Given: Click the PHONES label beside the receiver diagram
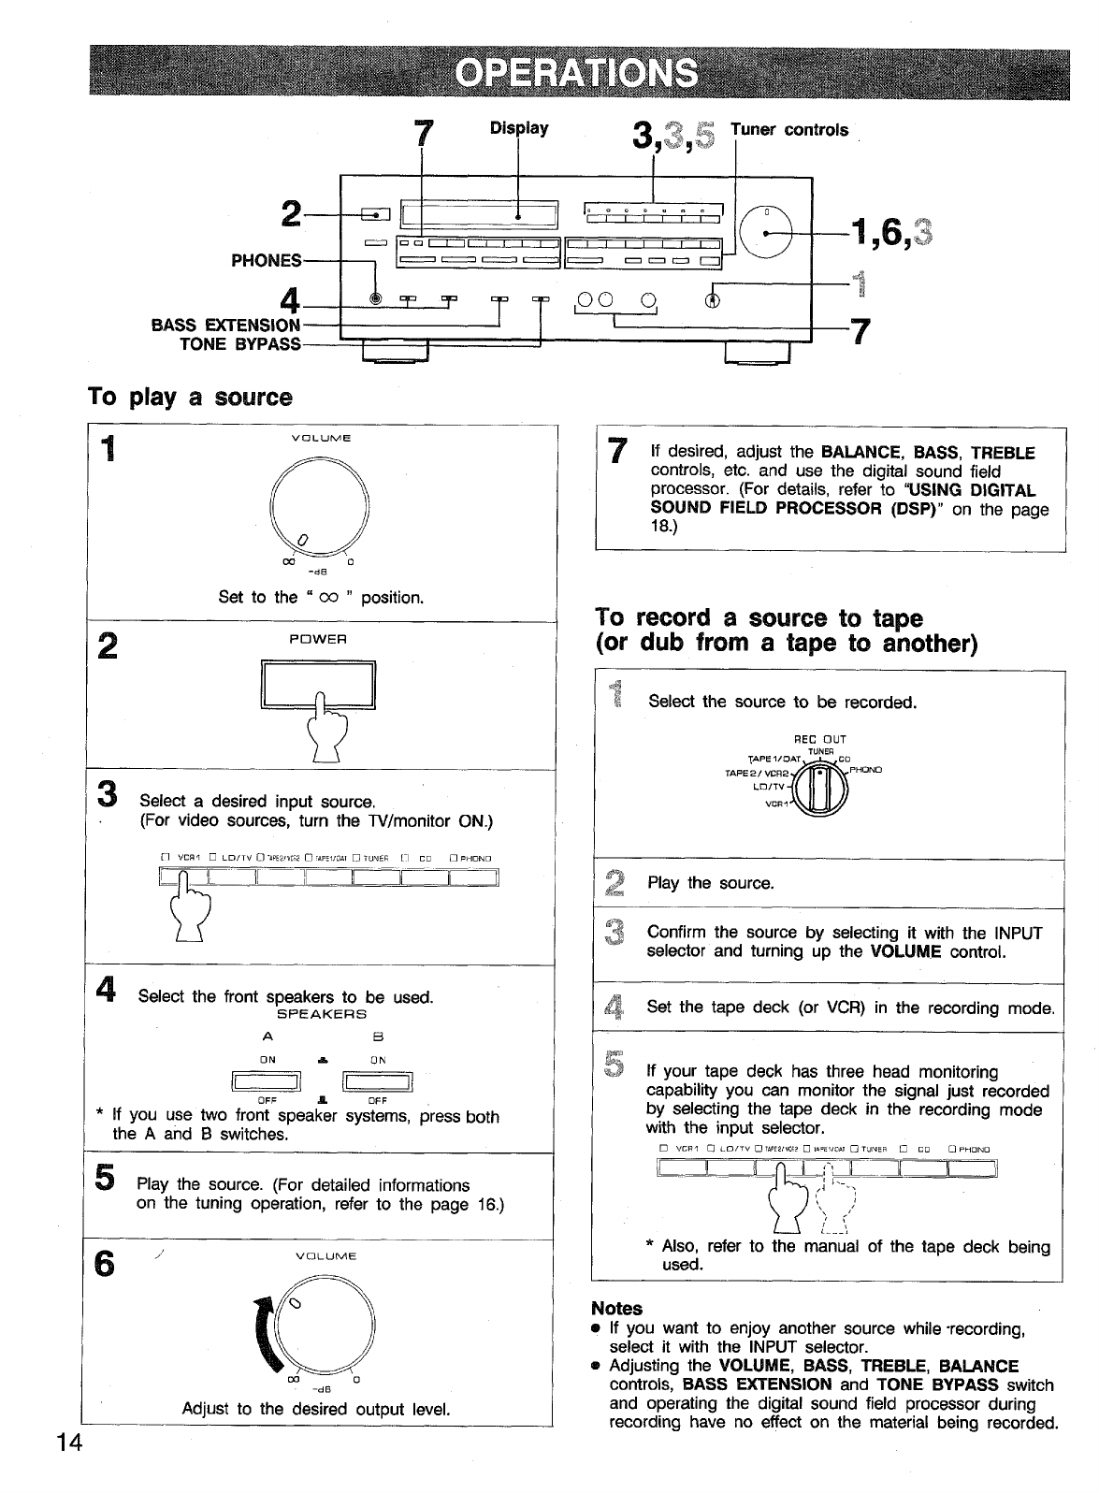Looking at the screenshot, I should (267, 261).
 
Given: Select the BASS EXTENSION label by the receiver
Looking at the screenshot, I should (225, 325).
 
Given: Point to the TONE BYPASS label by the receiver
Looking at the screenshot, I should (240, 343).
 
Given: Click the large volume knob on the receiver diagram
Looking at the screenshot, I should (768, 229).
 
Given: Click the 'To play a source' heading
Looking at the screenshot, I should (189, 398).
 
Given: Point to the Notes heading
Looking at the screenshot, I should (616, 1308).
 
